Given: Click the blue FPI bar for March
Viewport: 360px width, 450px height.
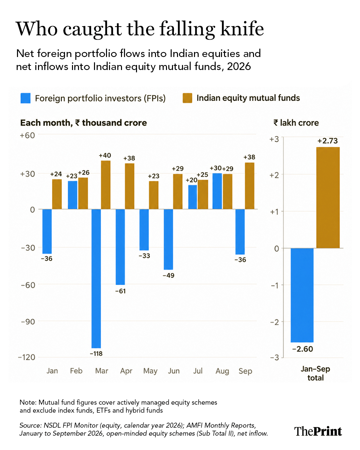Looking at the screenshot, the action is (96, 279).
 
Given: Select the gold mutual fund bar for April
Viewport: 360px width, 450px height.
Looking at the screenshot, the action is (129, 186).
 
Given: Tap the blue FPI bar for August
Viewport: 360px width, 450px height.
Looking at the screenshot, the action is (217, 191).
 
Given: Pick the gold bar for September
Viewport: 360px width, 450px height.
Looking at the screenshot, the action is (250, 186).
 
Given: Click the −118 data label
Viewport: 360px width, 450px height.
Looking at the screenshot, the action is (96, 354).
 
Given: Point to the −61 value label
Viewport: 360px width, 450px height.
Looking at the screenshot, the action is (120, 291).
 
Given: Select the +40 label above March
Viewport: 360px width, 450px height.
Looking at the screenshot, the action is (105, 155).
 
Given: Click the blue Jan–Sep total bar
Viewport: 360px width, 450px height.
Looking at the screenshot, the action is (302, 295).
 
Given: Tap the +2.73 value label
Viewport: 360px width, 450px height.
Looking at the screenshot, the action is (328, 141).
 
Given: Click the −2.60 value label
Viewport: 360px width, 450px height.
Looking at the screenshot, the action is (302, 349).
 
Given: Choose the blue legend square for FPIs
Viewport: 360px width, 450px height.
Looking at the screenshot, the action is (26, 98).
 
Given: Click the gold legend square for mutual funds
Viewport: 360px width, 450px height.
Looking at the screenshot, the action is (187, 98).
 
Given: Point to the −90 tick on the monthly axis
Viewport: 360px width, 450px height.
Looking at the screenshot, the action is (28, 322).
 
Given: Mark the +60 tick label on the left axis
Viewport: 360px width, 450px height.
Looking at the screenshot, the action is (27, 135).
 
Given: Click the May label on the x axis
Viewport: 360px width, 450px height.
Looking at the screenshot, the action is (150, 371).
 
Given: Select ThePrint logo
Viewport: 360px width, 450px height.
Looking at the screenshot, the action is (318, 431).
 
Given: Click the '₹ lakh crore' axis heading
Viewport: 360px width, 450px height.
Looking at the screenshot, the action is (296, 123).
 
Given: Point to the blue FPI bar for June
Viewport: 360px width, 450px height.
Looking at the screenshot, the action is (168, 239).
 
